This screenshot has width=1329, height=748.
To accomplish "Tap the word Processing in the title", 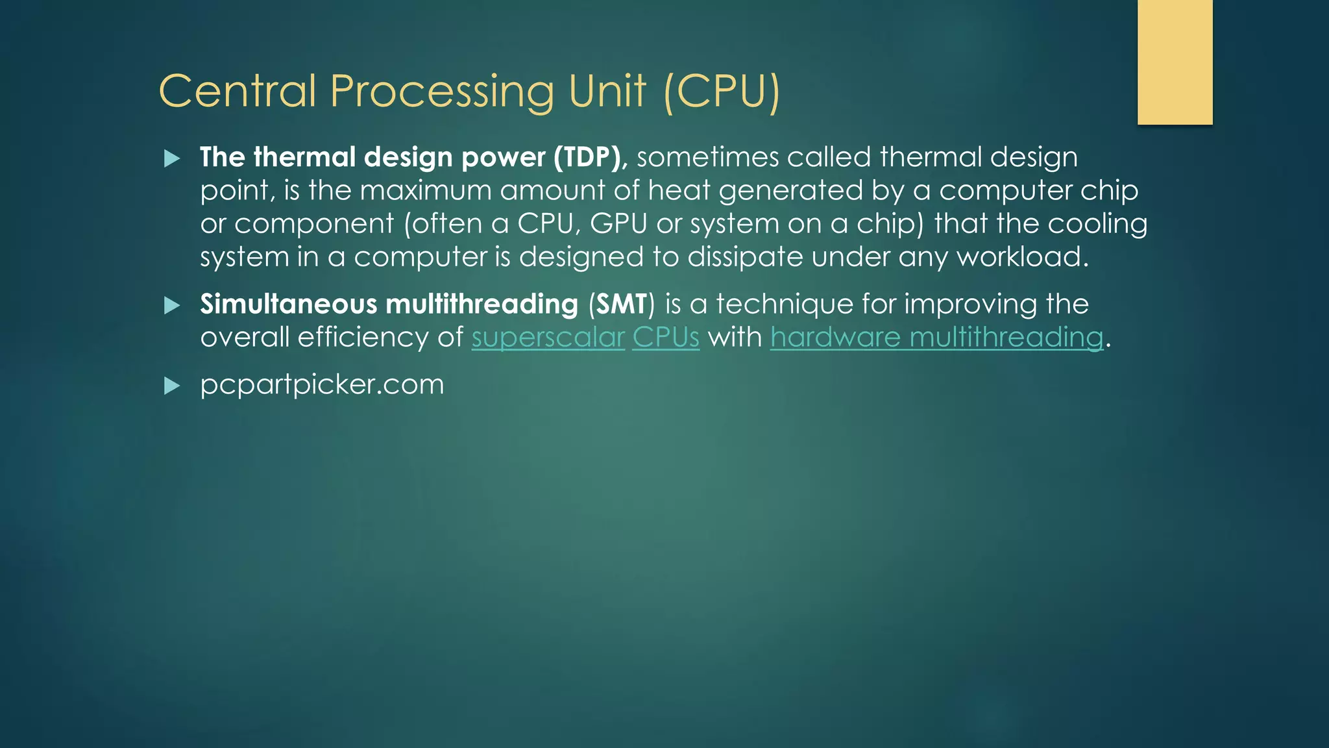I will (x=441, y=92).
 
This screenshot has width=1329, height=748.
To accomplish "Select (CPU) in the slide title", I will (x=722, y=92).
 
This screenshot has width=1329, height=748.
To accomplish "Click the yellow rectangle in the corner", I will (x=1175, y=62).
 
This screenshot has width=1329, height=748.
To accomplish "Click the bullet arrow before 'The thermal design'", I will (x=172, y=158).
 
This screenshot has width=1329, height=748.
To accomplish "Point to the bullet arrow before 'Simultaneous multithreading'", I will (x=172, y=305).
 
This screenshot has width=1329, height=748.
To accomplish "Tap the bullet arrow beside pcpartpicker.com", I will (x=172, y=386).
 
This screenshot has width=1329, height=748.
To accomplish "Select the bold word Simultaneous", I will (x=288, y=304).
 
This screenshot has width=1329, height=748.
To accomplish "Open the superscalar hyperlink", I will (x=548, y=338).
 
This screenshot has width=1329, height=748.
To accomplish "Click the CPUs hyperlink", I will (x=666, y=338).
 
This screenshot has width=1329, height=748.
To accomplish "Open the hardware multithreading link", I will (x=936, y=338).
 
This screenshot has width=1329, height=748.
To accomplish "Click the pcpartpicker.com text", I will (x=322, y=384).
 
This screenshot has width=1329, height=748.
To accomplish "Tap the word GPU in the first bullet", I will (x=618, y=224).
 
